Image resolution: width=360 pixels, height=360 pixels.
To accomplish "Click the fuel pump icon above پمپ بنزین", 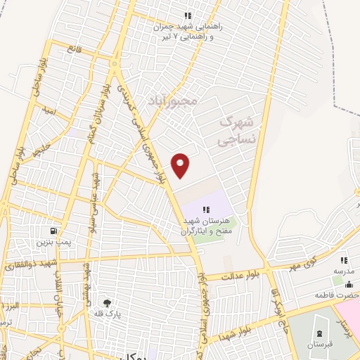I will tap(53, 231).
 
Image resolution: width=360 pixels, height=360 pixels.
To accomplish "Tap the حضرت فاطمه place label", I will tap(345, 295).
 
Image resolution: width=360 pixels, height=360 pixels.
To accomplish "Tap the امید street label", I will tap(47, 111).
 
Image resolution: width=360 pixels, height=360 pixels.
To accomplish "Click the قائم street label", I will tap(74, 49).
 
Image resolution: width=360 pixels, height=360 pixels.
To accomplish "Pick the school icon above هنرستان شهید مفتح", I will tap(206, 209).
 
